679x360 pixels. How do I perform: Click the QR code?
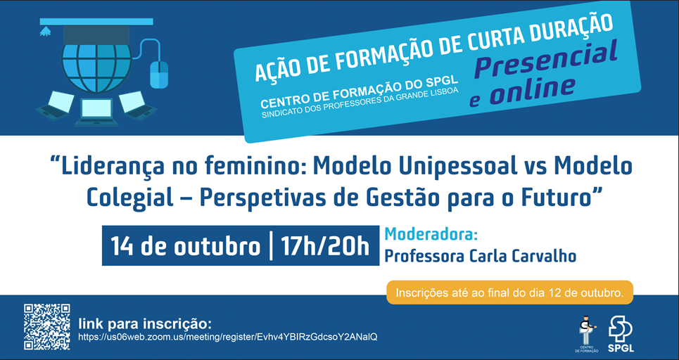pyautogui.click(x=46, y=327)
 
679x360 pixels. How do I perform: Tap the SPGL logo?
pyautogui.click(x=621, y=334)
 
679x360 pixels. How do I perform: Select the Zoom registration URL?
pyautogui.click(x=228, y=337)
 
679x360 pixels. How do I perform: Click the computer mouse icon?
pyautogui.click(x=159, y=75)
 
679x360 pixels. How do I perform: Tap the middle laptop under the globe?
pyautogui.click(x=96, y=112)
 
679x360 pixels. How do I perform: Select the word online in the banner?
pyautogui.click(x=533, y=91)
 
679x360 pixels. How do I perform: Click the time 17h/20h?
pyautogui.click(x=325, y=246)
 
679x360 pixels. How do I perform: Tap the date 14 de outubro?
pyautogui.click(x=185, y=246)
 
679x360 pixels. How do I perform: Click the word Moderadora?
pyautogui.click(x=431, y=234)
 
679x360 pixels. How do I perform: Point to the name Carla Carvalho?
pyautogui.click(x=522, y=256)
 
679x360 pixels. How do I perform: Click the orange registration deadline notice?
pyautogui.click(x=509, y=292)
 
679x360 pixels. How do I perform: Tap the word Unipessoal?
pyautogui.click(x=450, y=166)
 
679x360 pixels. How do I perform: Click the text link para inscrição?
pyautogui.click(x=145, y=323)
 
